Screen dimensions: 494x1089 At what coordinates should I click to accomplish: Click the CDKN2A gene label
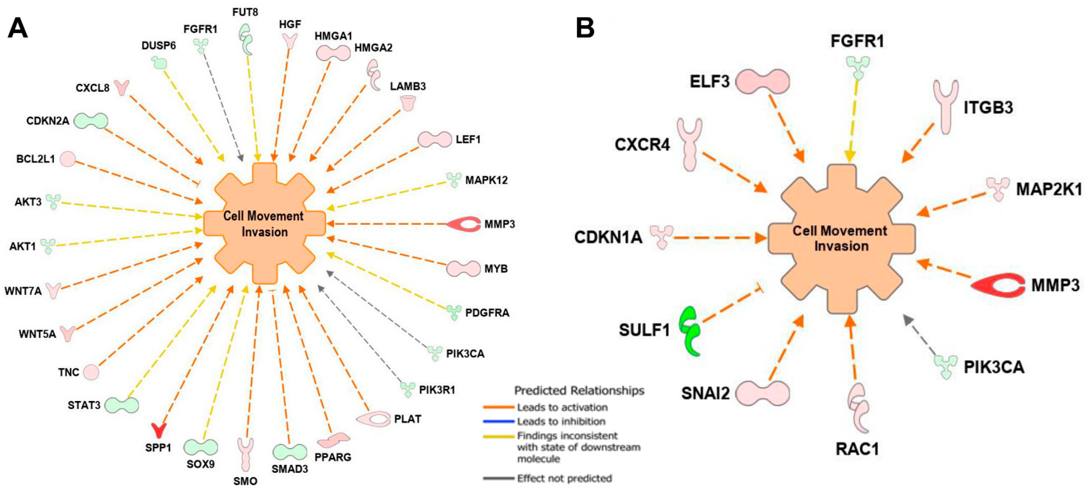click(47, 121)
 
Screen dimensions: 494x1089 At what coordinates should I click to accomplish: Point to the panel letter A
click(18, 29)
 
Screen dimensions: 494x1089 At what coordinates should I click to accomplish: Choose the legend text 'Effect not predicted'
click(564, 478)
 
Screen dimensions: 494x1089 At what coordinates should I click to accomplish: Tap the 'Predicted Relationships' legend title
click(579, 391)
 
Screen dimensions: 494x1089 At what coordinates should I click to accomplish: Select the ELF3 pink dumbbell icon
click(762, 81)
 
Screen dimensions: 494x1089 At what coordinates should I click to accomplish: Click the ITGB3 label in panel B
click(988, 108)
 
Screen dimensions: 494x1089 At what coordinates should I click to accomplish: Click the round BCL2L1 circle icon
click(68, 159)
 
